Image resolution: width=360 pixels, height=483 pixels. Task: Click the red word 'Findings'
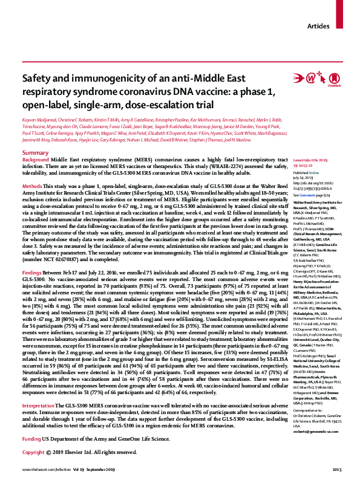[x=32, y=273]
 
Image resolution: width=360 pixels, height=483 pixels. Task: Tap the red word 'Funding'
[x=31, y=436]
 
